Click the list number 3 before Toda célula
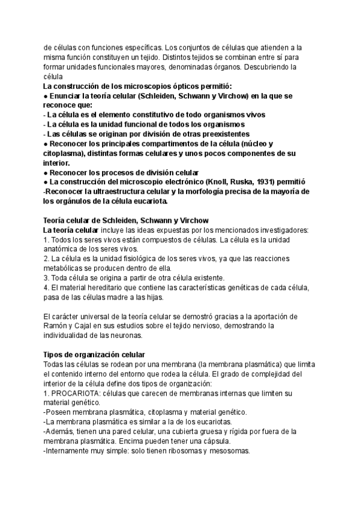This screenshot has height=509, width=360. [46, 277]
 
